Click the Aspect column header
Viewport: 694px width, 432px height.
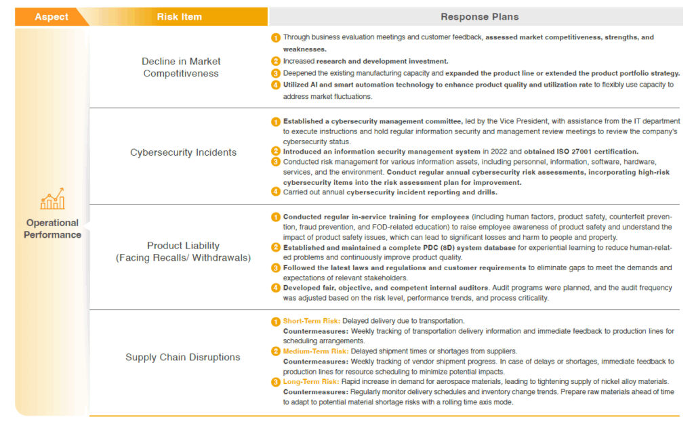coord(52,17)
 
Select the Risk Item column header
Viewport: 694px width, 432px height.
coord(179,17)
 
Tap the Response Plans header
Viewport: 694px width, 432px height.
coord(479,17)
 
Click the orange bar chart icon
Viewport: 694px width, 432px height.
coord(53,200)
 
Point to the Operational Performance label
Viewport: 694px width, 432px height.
coord(53,229)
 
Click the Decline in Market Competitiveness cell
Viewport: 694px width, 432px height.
coord(181,67)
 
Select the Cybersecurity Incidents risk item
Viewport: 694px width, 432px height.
coord(183,152)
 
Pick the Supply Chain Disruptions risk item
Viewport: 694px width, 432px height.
coord(182,357)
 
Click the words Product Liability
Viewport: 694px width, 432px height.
coord(183,246)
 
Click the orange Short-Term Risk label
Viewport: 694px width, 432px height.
coord(311,321)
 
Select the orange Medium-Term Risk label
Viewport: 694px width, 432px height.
coord(315,351)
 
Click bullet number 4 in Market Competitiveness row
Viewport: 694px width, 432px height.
coord(276,85)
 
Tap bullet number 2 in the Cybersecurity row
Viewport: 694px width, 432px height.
coord(276,152)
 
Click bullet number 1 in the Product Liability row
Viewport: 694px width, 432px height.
coord(276,217)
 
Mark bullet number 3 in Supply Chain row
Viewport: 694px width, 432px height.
coord(276,382)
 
